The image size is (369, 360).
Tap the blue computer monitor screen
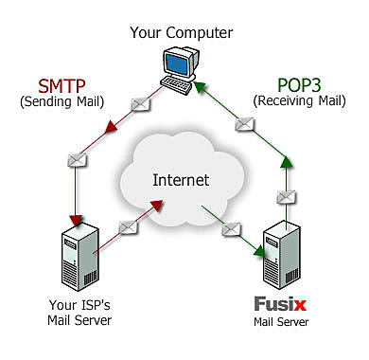tap(179, 62)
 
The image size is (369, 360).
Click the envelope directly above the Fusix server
tap(283, 196)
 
